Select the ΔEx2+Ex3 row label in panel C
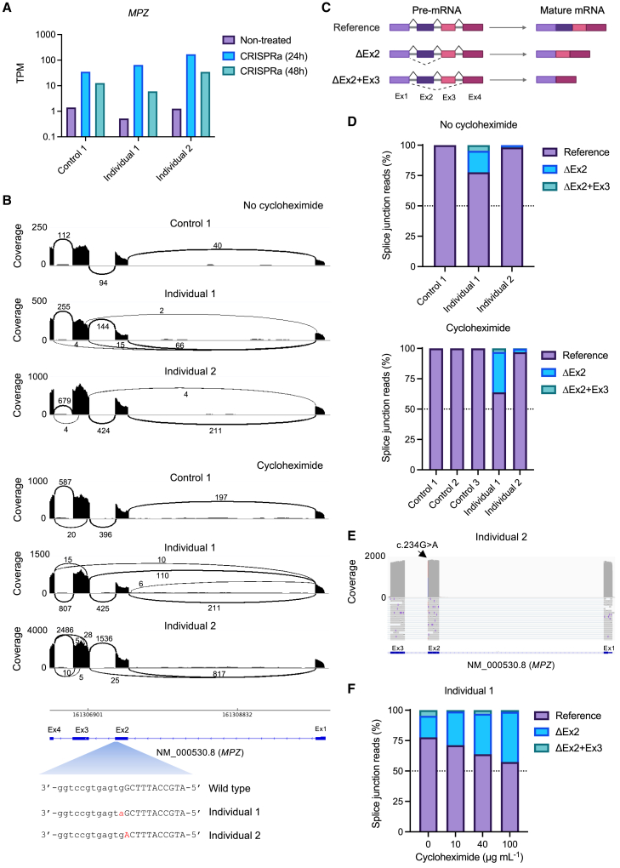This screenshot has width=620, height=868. pos(351,79)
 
